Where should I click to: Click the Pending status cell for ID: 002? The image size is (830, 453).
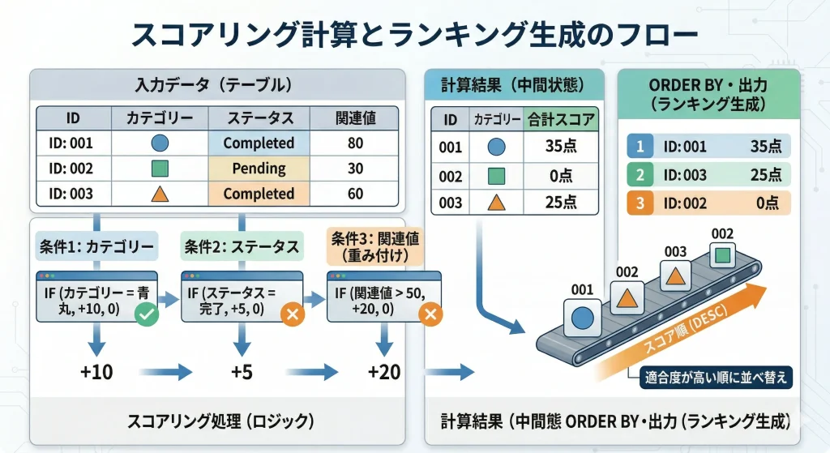(x=259, y=169)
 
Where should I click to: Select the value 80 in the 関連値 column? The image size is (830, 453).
(x=355, y=143)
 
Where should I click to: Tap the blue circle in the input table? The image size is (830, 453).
(x=160, y=143)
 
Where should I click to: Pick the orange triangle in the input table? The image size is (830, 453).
(x=160, y=194)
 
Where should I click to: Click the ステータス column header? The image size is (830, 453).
(x=259, y=118)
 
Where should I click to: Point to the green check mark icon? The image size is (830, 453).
(x=146, y=315)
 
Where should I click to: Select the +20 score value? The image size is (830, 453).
(x=384, y=372)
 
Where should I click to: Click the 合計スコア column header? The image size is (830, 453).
(x=561, y=121)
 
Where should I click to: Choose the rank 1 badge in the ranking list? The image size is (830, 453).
(x=640, y=147)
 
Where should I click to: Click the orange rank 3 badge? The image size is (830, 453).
(x=640, y=203)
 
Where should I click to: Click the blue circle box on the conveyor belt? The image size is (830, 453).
(x=582, y=316)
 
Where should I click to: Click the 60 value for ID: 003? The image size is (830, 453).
(x=355, y=194)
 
